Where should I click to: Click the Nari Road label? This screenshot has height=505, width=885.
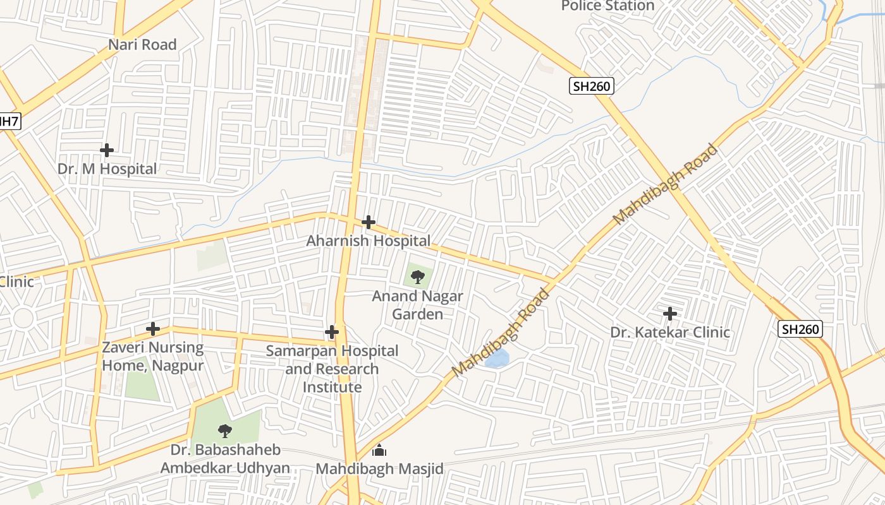142,45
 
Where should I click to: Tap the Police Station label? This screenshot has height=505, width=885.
607,6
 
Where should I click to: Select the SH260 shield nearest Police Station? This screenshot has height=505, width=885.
592,86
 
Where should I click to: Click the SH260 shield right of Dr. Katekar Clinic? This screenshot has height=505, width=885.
800,329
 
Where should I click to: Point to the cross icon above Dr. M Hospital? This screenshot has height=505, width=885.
107,150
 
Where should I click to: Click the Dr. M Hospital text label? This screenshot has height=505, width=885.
107,169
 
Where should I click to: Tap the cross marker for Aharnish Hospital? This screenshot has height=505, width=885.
369,222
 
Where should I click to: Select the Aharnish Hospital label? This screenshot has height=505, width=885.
369,241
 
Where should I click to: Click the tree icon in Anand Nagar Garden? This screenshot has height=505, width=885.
417,276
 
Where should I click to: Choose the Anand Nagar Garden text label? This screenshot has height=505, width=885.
417,305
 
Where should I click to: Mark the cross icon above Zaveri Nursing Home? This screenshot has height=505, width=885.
152,329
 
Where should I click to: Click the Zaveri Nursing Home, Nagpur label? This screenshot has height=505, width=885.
153,357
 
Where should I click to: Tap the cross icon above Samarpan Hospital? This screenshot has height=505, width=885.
332,332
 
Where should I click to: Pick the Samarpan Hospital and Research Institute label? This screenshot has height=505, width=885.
332,369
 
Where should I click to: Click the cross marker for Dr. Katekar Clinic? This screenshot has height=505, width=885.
670,314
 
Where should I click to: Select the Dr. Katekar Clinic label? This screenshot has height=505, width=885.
670,332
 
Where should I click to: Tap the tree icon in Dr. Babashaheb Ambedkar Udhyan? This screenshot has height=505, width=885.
224,431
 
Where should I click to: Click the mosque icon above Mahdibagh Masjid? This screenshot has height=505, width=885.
379,450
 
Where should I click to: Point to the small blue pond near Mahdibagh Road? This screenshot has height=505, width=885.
497,359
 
